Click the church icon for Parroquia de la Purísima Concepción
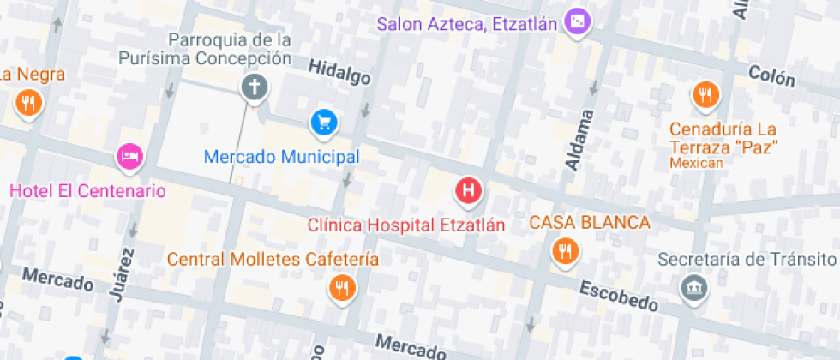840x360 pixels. pos(254,87)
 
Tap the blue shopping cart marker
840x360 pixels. pos(324,122)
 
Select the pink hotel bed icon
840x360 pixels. pos(129,156)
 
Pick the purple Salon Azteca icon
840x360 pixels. pos(579,22)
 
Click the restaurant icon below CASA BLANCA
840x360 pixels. pos(564,250)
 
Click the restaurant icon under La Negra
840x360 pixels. pos(29,104)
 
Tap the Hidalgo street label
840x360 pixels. pos(339,73)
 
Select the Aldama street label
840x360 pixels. pos(580,139)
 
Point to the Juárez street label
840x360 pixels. pos(122,274)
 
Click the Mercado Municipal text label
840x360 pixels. pos(281,157)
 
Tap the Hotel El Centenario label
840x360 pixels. pos(87,190)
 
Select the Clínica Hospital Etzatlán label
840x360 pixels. pos(405,225)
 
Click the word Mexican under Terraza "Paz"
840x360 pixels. pos(697,163)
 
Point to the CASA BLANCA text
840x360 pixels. pos(590,223)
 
